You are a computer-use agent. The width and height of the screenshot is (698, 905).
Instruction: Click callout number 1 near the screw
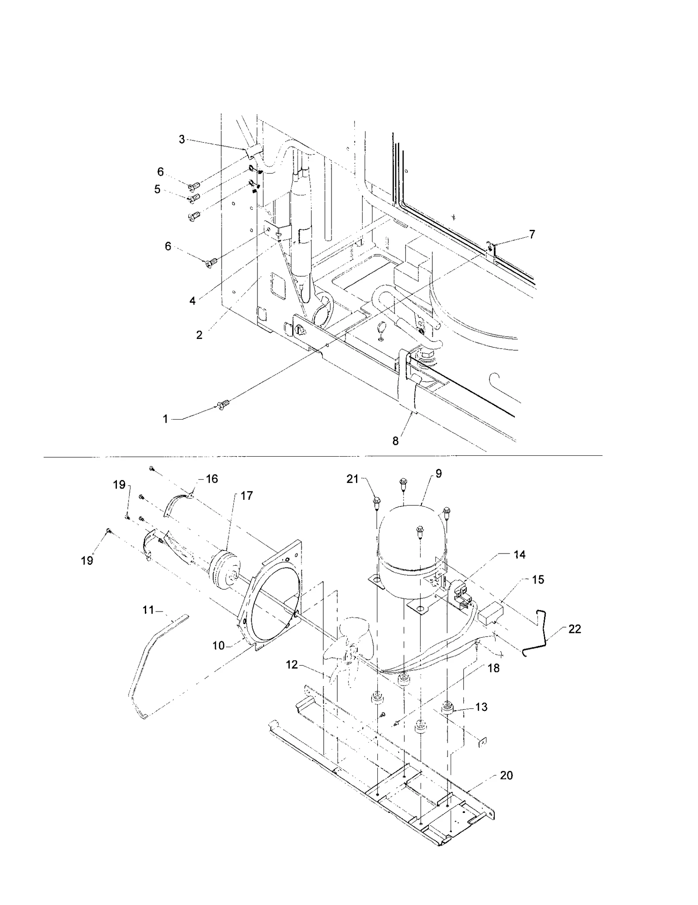(x=165, y=419)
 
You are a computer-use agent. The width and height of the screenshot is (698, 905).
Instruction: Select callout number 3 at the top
(x=182, y=140)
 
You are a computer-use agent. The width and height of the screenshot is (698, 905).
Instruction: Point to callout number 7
(x=532, y=234)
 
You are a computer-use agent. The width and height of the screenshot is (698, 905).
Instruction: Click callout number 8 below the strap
(x=395, y=441)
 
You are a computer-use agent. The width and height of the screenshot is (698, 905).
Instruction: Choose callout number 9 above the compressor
(x=438, y=474)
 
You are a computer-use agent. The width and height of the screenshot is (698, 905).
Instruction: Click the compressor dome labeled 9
(x=412, y=536)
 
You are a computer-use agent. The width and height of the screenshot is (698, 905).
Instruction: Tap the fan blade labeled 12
(x=349, y=654)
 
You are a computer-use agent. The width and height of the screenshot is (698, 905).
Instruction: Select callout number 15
(x=538, y=580)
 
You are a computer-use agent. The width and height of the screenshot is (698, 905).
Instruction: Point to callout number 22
(x=575, y=629)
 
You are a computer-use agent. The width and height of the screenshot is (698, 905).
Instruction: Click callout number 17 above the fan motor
(x=246, y=496)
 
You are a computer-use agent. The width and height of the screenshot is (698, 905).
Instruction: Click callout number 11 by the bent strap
(x=148, y=610)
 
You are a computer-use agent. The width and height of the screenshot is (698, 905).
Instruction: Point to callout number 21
(x=352, y=479)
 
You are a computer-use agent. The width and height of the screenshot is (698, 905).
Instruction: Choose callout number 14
(x=519, y=555)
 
